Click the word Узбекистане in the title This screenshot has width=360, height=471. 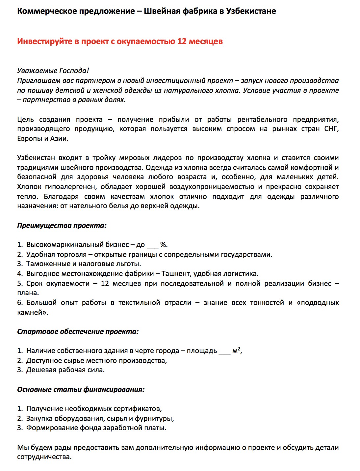click(251, 11)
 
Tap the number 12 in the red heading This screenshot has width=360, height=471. click(182, 42)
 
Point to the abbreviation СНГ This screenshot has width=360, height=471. click(331, 129)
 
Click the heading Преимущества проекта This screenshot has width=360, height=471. click(62, 226)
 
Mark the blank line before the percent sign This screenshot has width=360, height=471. click(152, 245)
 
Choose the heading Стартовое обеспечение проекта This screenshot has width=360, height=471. click(78, 332)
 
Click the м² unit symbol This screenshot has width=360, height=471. click(236, 350)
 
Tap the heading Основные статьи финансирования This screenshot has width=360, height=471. click(81, 390)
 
